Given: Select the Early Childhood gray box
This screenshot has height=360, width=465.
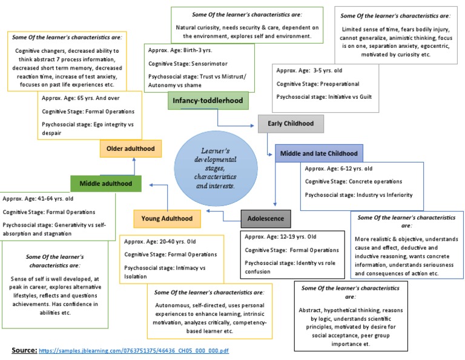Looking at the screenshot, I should (x=291, y=124).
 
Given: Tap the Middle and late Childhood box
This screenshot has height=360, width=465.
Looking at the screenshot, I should (x=319, y=154).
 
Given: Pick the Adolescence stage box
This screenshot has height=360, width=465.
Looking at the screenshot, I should (x=266, y=218).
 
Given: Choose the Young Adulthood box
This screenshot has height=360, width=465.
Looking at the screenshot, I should (x=167, y=218).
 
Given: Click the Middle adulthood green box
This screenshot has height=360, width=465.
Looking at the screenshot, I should (x=106, y=182).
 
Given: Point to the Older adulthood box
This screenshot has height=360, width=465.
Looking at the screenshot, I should (x=130, y=148).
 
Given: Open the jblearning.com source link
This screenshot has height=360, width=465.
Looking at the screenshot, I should (x=134, y=351).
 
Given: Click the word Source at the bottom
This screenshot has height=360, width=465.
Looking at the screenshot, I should (x=24, y=350).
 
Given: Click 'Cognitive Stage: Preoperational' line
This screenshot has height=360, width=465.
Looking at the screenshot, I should (x=318, y=84).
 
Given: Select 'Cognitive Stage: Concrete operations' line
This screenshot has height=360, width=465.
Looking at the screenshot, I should (x=353, y=181).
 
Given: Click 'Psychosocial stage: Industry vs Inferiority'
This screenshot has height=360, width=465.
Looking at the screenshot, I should (x=358, y=195).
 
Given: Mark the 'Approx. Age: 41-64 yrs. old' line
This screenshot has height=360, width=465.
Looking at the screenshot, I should (x=38, y=198).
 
